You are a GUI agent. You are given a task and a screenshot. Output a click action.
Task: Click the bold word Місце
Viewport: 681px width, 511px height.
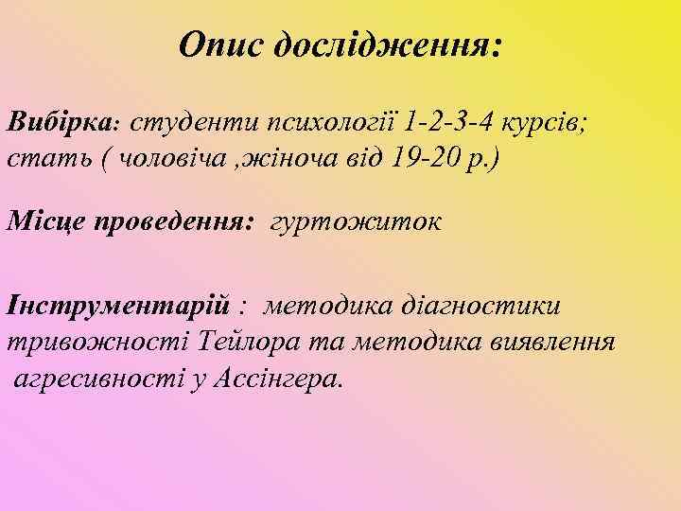point(47,223)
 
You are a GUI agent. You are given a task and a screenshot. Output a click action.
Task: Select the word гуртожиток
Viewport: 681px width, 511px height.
point(356,223)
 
